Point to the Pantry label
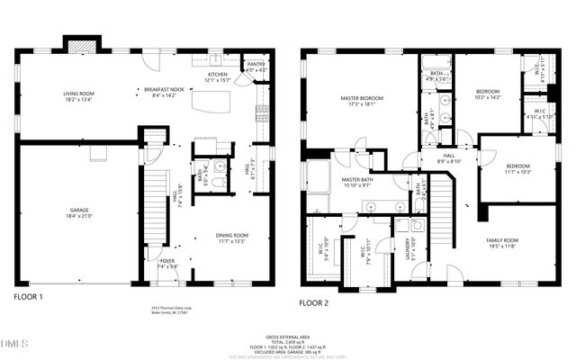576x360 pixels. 256,64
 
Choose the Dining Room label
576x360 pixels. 232,236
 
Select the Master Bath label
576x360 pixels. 356,180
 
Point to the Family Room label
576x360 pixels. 502,240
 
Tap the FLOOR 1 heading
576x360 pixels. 28,296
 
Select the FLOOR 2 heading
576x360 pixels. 315,302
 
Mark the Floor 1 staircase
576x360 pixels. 155,207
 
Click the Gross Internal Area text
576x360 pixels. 288,333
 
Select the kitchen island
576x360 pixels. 213,103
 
